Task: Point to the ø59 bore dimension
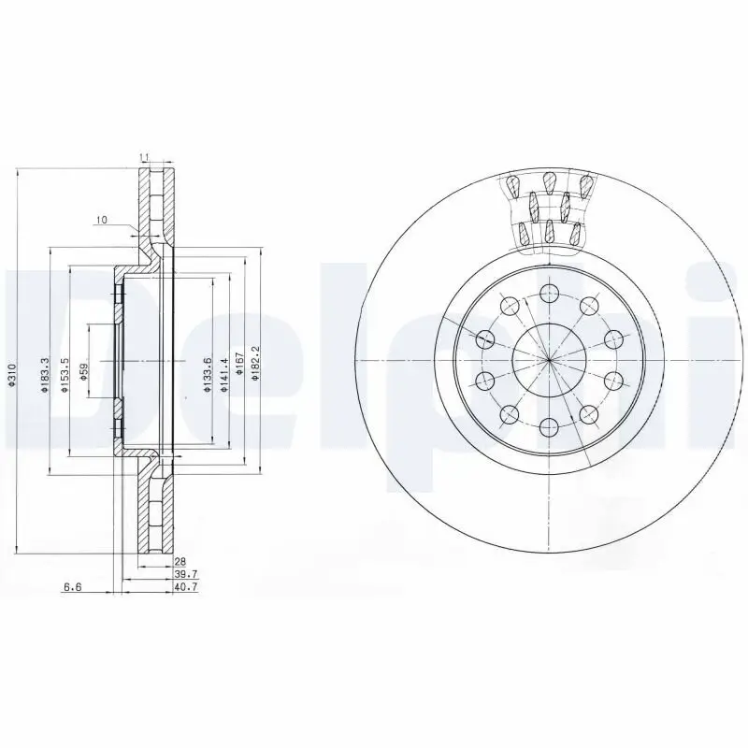pos(83,374)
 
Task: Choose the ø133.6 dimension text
pos(209,375)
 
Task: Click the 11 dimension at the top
pos(144,156)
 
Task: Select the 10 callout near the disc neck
pos(102,220)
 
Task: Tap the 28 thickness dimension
pos(180,561)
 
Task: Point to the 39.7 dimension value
pos(183,574)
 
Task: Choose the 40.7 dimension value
pos(183,587)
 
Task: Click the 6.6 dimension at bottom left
pos(71,587)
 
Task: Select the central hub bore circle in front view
pos(548,359)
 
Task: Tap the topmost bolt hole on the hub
pos(548,295)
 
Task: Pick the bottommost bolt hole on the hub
pos(548,424)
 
